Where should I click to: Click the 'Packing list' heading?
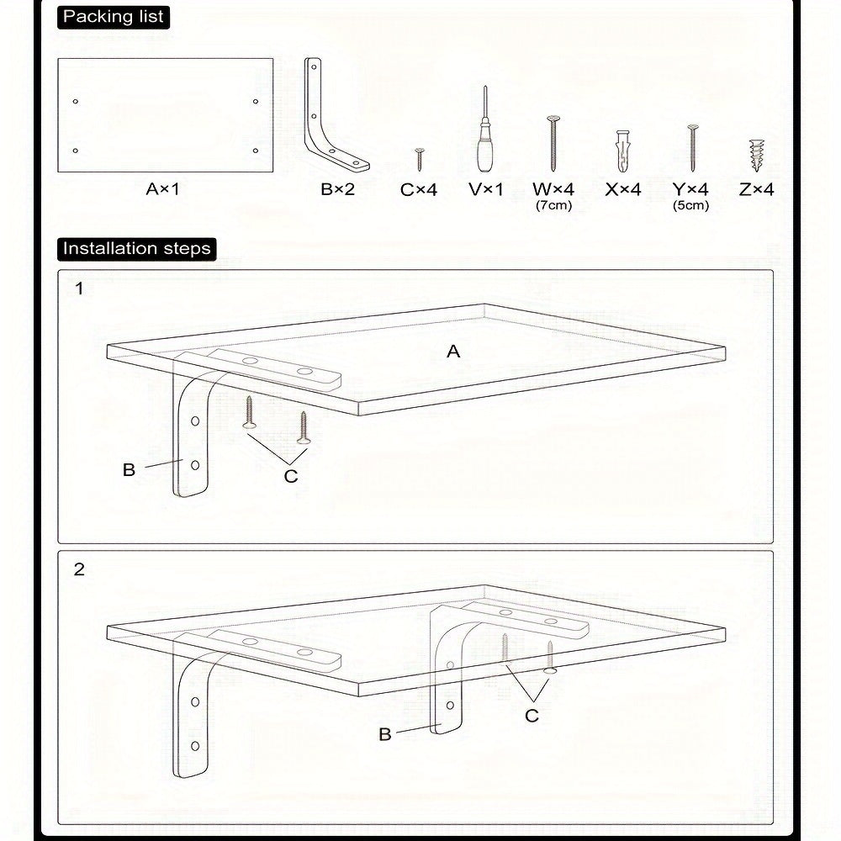click(x=114, y=17)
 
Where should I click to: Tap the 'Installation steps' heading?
click(x=137, y=249)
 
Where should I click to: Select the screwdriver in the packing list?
click(x=485, y=130)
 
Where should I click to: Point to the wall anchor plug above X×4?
click(x=622, y=151)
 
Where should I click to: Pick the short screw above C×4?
click(x=420, y=160)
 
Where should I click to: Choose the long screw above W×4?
click(x=553, y=144)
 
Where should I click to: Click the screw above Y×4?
click(x=692, y=148)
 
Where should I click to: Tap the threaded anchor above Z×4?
click(x=756, y=156)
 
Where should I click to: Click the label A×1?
click(x=162, y=189)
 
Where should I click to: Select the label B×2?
click(x=338, y=189)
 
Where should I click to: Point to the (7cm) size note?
click(x=553, y=205)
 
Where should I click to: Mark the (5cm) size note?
click(x=690, y=205)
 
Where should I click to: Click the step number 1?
click(x=79, y=288)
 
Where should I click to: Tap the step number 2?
click(x=79, y=569)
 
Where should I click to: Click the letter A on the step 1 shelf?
click(x=453, y=352)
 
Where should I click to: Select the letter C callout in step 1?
click(x=291, y=476)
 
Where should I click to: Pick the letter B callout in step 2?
click(x=384, y=734)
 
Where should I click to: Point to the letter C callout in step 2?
click(x=532, y=716)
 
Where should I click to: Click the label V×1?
click(x=486, y=189)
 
